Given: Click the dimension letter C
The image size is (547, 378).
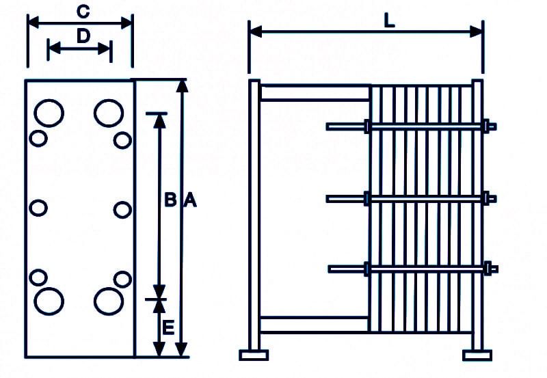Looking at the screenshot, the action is tap(83, 11).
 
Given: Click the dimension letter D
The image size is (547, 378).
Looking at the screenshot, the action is tap(83, 36).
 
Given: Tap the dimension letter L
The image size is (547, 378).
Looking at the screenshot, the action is tap(389, 21).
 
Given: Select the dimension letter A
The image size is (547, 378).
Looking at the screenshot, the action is tap(191, 200).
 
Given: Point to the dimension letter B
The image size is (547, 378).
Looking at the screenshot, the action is tap(170, 200).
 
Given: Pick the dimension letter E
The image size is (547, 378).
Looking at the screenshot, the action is tap(168, 328).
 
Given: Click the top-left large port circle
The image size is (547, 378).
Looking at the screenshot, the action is tap(49, 113).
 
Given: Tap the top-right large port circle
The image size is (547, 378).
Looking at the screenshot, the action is tap(109, 113).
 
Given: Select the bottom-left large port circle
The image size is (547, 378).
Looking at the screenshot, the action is tap(49, 301).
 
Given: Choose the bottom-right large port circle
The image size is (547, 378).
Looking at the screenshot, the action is tap(109, 301).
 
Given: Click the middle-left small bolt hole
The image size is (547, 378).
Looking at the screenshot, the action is tap(38, 208).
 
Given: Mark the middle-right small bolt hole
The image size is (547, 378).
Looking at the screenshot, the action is tap(123, 210).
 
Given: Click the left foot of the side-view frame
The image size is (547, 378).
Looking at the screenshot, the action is tap(254, 355).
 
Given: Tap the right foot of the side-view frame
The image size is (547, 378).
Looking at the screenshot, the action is tap(477, 355).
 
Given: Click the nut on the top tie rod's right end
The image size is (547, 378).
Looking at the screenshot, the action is tap(487, 126).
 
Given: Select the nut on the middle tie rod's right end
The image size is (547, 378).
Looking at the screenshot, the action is tap(487, 198).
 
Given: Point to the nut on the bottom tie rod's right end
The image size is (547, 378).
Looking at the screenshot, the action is tap(488, 269).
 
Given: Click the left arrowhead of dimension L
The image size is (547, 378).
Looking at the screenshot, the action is tap(255, 31).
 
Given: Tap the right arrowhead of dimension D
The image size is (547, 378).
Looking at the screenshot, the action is tap(105, 49).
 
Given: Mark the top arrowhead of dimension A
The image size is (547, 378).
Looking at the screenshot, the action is tap(182, 86).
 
